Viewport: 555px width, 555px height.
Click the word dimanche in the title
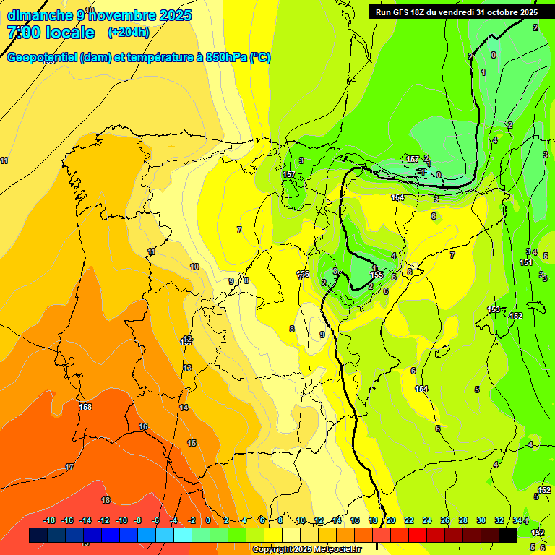pos(38,15)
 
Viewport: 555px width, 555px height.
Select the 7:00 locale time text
pos(51,33)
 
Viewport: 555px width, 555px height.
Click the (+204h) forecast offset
pos(129,33)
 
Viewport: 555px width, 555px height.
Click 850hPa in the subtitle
pos(225,58)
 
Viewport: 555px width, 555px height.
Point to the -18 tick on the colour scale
pos(50,521)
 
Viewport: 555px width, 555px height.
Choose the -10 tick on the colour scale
pos(121,521)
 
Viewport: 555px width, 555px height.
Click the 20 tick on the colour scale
pos(391,521)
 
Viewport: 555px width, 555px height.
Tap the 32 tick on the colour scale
pos(499,521)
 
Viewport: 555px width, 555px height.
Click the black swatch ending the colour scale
pos(508,535)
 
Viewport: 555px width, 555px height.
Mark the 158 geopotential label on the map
pos(85,407)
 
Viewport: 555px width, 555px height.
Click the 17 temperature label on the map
pos(69,468)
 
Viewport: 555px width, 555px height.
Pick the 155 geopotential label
pos(377,275)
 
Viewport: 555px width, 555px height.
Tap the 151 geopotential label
pos(526,262)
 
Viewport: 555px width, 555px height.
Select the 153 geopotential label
pos(494,309)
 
